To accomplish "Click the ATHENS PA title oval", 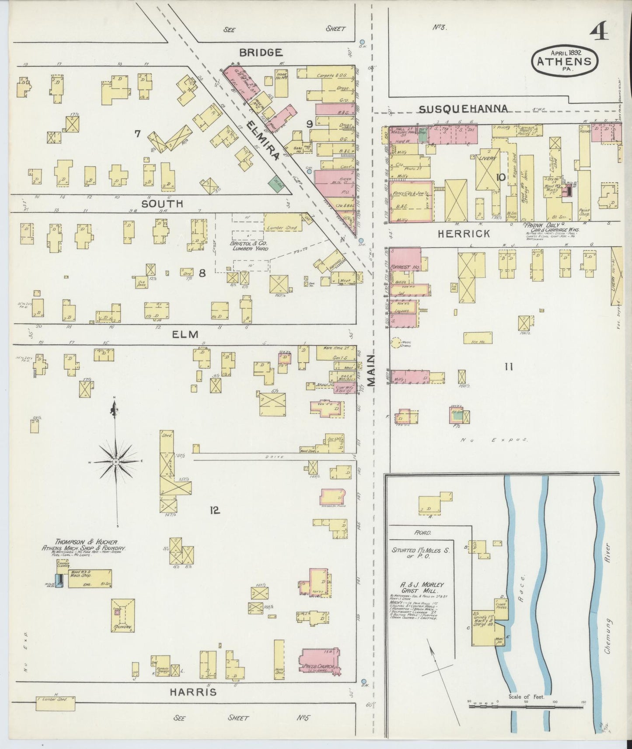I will pos(564,60).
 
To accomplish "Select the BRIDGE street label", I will pos(261,53).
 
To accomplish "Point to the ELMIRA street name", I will pos(262,141).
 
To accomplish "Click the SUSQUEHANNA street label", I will pos(464,108).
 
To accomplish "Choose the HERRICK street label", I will pos(464,234).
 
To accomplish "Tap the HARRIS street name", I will pos(194,692).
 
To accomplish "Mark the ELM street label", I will pos(185,334).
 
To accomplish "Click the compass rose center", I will pos(116,461).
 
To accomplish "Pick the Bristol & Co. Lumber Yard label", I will pos(249,246).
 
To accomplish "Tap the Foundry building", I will pos(122,616).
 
